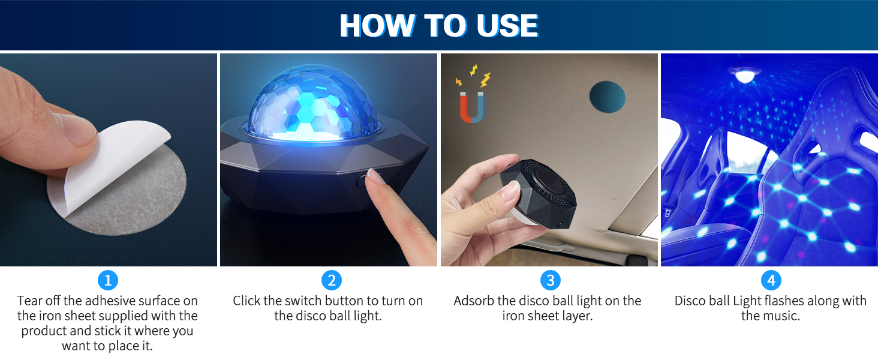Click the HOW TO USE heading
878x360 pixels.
point(438,26)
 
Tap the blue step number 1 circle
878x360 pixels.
point(108,280)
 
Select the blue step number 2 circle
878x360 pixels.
point(331,280)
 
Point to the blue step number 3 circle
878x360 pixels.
point(550,280)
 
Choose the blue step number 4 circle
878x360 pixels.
point(771,280)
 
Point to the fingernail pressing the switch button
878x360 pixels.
point(375,176)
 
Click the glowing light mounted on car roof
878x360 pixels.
point(744,76)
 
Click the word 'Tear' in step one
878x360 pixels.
point(30,301)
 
